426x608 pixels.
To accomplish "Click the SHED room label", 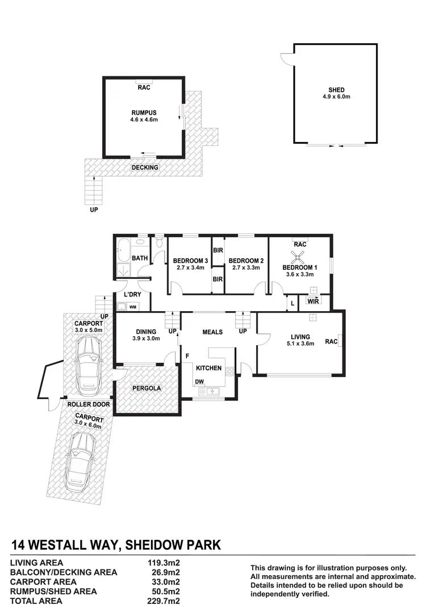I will (x=336, y=90).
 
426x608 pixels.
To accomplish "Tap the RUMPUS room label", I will (x=143, y=112).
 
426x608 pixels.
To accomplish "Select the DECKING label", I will (x=145, y=167).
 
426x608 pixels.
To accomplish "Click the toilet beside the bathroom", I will (x=160, y=243).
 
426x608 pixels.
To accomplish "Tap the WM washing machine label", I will (x=132, y=307).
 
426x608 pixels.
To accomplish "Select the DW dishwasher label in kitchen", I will (x=199, y=381).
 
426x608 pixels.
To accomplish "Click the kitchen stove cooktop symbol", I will (x=230, y=372).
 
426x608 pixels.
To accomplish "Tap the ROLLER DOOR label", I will (x=87, y=404).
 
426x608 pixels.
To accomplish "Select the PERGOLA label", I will (x=147, y=388).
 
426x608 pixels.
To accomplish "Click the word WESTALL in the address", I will (x=70, y=546).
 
